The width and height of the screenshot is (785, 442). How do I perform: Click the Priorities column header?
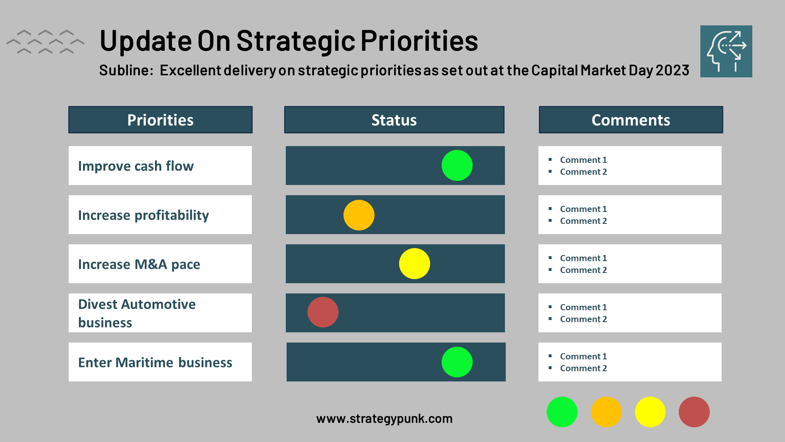[160, 120]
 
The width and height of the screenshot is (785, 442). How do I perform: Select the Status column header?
[394, 120]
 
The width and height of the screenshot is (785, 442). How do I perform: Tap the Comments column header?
[630, 120]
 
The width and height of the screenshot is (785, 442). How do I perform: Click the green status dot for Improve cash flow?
[457, 165]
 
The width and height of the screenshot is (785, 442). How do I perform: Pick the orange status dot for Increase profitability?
[359, 215]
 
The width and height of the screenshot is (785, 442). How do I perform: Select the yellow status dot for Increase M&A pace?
[415, 264]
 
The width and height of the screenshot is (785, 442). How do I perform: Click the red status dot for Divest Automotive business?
[323, 312]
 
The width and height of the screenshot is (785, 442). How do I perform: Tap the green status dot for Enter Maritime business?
[457, 362]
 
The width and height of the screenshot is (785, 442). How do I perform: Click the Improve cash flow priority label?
[136, 166]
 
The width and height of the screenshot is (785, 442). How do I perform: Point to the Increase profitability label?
[144, 215]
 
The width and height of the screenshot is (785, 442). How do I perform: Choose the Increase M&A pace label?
[139, 264]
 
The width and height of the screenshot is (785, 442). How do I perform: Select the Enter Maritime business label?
[155, 363]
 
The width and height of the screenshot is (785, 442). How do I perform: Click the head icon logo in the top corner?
[726, 51]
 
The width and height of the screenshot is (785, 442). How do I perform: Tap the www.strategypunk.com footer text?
[384, 419]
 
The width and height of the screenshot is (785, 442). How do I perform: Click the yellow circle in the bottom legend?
[650, 412]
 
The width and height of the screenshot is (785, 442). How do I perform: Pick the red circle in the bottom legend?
[694, 412]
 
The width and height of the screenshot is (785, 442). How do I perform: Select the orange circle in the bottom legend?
[606, 412]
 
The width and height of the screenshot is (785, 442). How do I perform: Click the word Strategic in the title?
[296, 41]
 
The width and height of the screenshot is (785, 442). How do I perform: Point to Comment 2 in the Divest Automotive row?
[583, 319]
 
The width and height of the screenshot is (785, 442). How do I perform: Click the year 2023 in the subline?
[673, 70]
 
